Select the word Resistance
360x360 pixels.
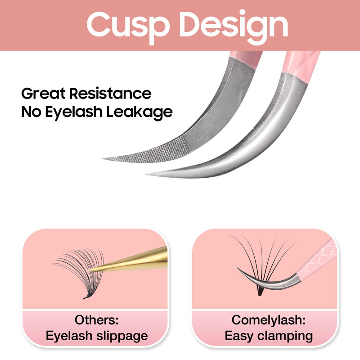[110, 94]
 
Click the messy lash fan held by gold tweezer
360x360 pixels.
[76, 270]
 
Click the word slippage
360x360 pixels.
[120, 336]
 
